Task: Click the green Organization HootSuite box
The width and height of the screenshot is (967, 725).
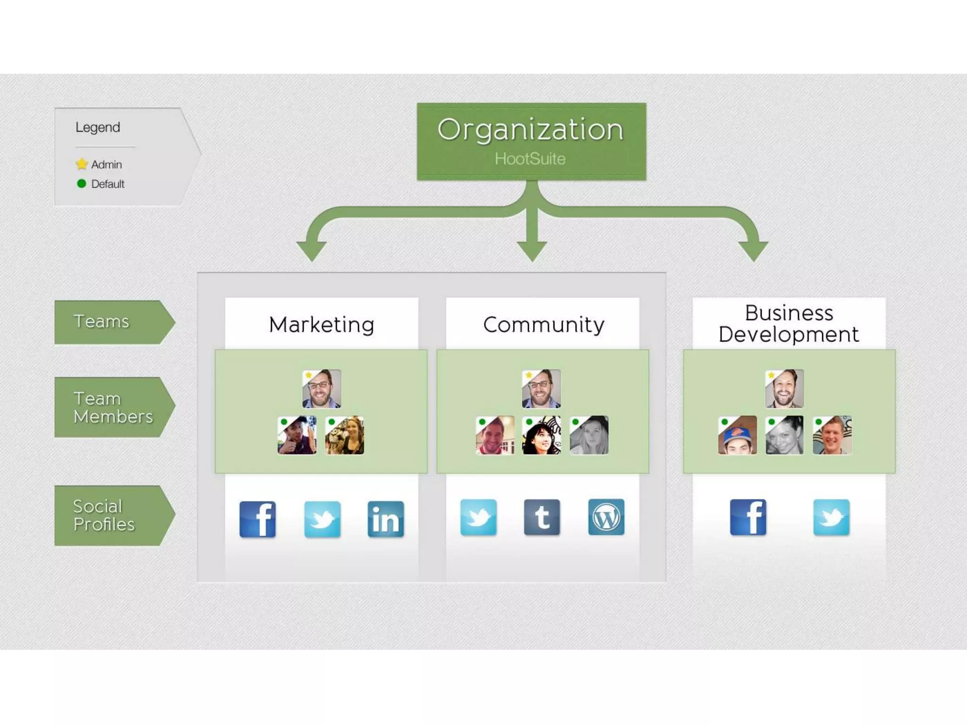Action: (x=531, y=141)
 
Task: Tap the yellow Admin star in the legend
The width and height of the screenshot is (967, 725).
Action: (x=82, y=164)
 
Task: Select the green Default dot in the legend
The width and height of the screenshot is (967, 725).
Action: (x=82, y=184)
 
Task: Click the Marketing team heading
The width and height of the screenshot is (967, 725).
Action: (x=322, y=324)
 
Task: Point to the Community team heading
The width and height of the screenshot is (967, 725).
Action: (x=543, y=324)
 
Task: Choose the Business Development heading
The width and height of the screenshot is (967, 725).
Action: (x=789, y=323)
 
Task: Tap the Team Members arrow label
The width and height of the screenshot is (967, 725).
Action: (x=113, y=407)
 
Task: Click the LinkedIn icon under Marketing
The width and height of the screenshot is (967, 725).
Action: (x=386, y=519)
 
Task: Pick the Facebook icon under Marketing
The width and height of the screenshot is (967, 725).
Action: (x=257, y=519)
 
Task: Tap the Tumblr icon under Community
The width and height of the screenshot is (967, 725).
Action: (x=542, y=517)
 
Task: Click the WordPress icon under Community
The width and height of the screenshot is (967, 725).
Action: (x=606, y=517)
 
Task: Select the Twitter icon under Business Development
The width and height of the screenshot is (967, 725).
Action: (x=831, y=517)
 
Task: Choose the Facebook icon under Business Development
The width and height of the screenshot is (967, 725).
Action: (x=748, y=517)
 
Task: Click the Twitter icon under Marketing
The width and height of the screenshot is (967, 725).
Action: (x=322, y=519)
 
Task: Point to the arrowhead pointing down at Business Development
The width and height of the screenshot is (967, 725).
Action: (x=753, y=250)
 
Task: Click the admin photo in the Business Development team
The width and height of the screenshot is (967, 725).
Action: (x=784, y=388)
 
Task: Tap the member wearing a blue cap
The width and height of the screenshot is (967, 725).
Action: (x=737, y=435)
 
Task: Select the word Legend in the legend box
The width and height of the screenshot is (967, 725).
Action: (x=98, y=127)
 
